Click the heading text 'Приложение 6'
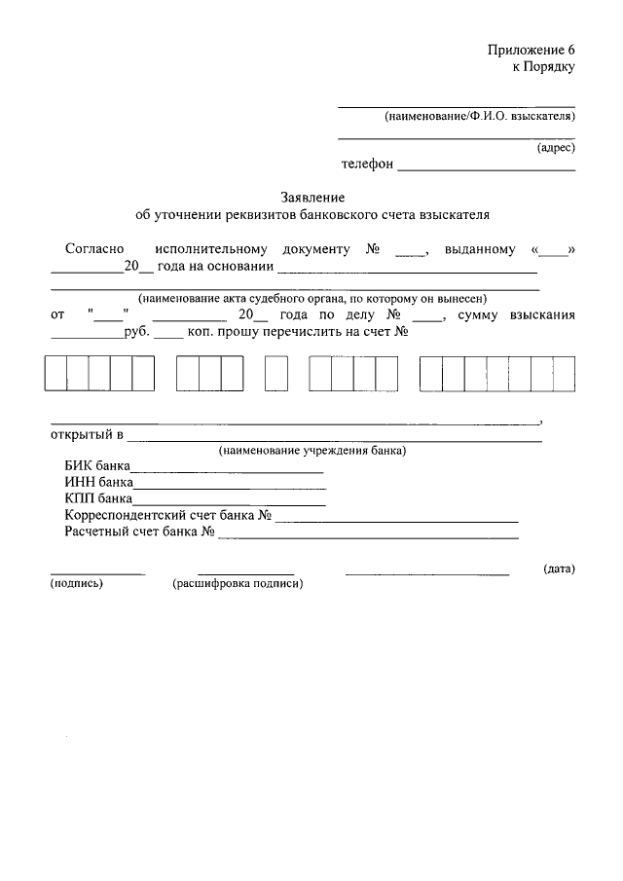pos(531,50)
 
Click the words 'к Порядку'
pos(544,67)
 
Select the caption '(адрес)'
pos(556,149)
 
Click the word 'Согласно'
pos(93,250)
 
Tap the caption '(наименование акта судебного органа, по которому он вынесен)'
pos(312,299)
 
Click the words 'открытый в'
pos(82,433)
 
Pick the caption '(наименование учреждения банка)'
pos(312,451)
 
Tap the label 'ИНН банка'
pos(98,482)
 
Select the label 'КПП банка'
pos(98,498)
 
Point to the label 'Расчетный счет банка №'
pos(139,532)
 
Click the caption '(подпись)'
pos(76,584)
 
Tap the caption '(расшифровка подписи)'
pos(238,584)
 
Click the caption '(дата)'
pos(559,569)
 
